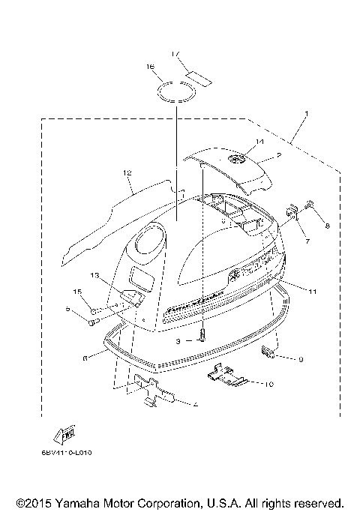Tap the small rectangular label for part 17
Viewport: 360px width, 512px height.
click(x=199, y=76)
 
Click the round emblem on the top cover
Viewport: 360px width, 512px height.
click(x=238, y=159)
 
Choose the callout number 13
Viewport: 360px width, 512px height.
click(x=94, y=276)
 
